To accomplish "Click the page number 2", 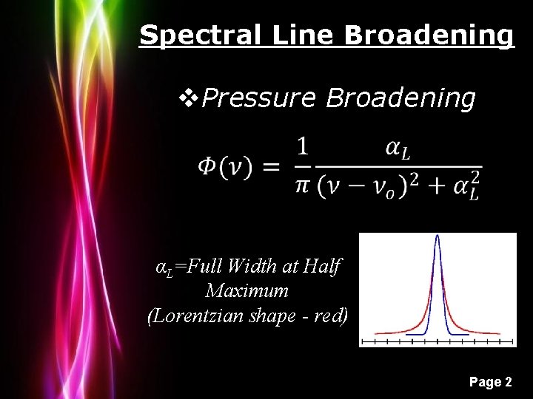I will pyautogui.click(x=508, y=382).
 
